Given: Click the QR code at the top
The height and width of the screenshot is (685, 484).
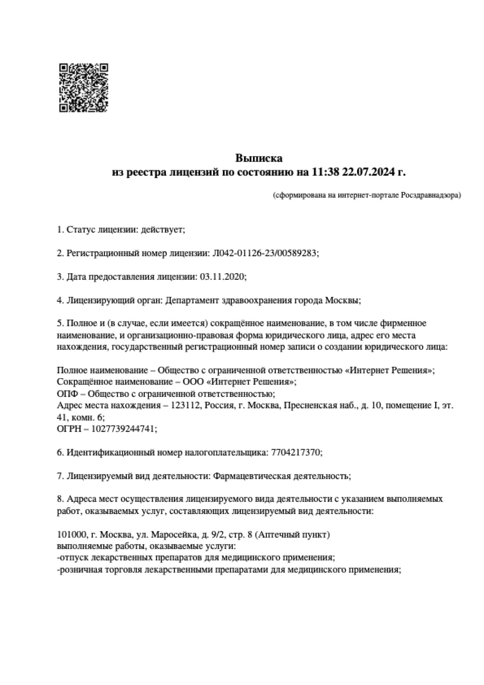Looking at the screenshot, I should click(84, 88).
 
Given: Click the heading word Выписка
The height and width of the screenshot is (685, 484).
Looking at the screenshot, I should click(258, 158).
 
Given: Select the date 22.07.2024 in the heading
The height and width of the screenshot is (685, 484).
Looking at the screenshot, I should click(368, 172).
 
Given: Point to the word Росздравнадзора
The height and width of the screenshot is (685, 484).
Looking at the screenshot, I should click(429, 195).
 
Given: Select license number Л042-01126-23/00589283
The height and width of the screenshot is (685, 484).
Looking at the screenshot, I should click(264, 253).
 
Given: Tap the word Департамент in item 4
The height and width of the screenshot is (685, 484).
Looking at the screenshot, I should click(192, 300).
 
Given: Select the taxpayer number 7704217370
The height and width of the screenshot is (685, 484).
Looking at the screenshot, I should click(295, 452).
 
